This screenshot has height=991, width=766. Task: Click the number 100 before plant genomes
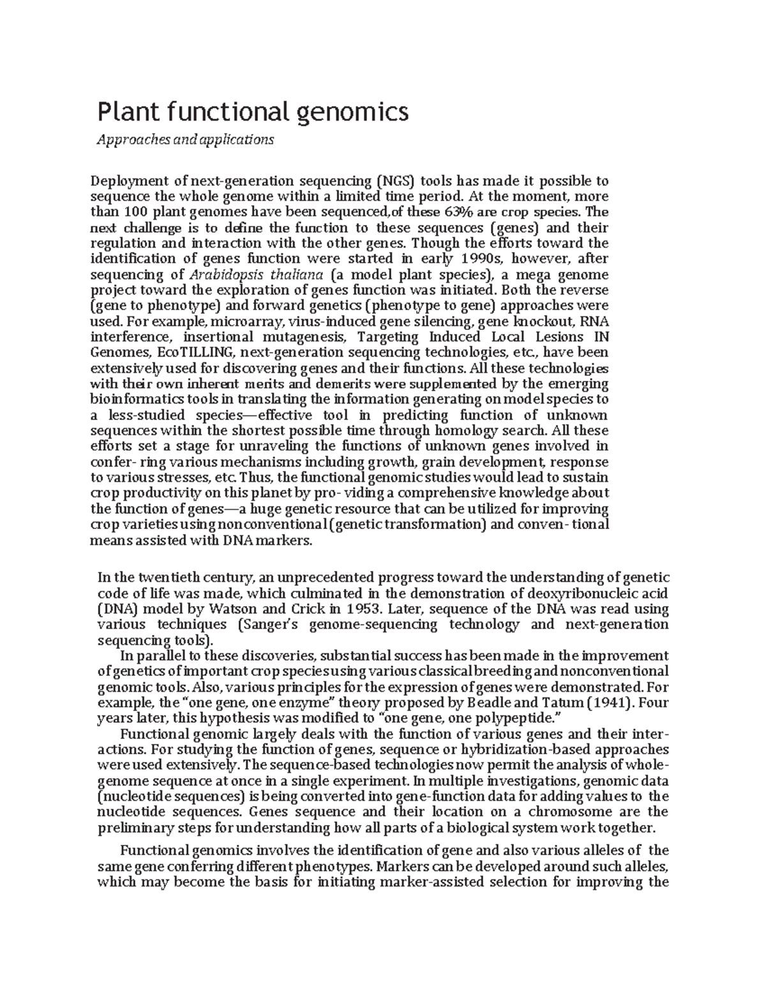tap(128, 212)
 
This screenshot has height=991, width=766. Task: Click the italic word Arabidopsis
tap(221, 275)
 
